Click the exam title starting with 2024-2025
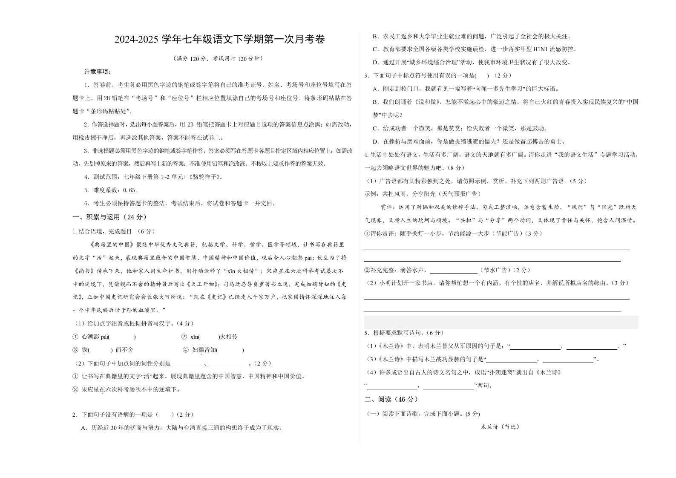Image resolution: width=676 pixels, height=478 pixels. pos(219,40)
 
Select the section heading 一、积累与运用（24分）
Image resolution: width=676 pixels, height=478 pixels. pos(110,217)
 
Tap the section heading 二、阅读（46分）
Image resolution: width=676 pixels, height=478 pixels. pos(391,399)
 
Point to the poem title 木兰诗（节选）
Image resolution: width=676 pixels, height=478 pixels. pos(500,426)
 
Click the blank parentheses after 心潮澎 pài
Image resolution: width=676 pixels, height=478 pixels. pos(123,337)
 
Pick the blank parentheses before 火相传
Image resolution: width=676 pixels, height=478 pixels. pos(208,337)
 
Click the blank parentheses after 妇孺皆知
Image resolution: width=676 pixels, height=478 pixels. pos(230,350)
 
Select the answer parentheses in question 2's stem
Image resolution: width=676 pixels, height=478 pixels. pos(165,415)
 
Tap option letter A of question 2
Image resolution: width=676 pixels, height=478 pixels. pos(83,428)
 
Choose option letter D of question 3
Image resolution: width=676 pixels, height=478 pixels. pos(375,141)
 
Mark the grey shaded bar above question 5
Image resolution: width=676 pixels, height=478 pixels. pos(501,322)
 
